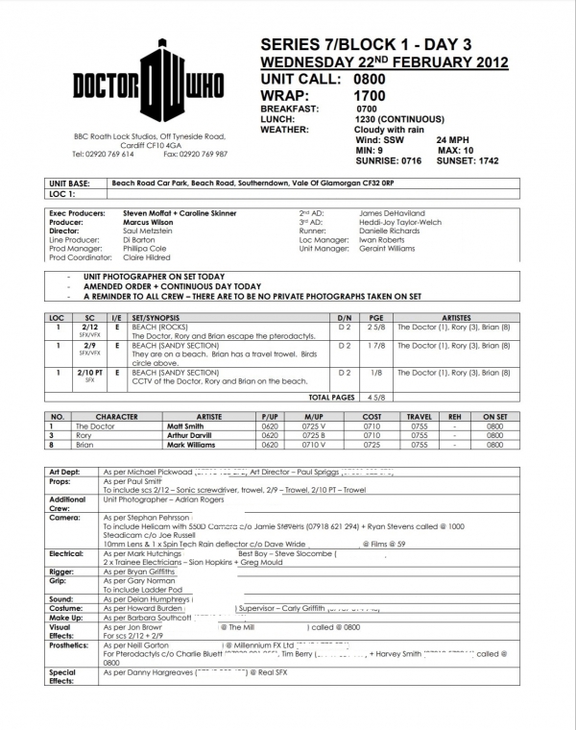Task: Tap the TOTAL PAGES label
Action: [332, 396]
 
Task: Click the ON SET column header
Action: [494, 417]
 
